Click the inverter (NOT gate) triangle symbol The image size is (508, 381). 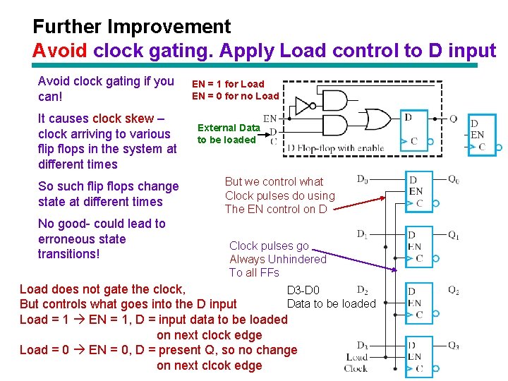click(x=303, y=107)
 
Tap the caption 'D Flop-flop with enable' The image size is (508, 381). click(x=336, y=148)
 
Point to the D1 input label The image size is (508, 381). click(x=362, y=233)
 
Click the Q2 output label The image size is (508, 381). click(x=454, y=290)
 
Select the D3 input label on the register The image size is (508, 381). click(x=362, y=346)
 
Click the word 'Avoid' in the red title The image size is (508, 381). click(x=60, y=52)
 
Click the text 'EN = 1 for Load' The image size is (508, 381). click(x=228, y=83)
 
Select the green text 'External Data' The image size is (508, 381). click(x=229, y=128)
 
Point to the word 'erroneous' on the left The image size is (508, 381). click(x=70, y=238)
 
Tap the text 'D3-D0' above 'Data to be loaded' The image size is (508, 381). click(x=303, y=289)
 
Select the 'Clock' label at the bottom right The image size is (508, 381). click(x=356, y=368)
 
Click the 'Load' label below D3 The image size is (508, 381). click(x=358, y=357)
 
